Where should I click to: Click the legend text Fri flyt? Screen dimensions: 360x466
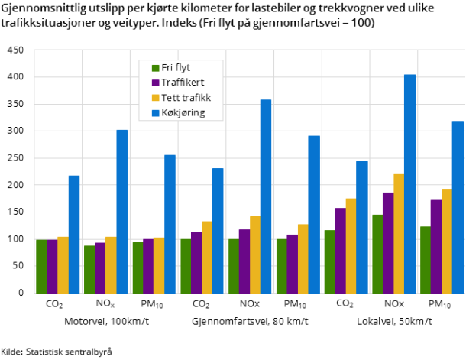coord(176,68)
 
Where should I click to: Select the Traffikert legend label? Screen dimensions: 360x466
coord(183,83)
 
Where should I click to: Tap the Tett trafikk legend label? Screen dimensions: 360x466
coord(186,98)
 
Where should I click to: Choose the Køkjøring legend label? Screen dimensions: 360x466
coord(183,113)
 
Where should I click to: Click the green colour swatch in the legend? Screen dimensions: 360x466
coord(156,68)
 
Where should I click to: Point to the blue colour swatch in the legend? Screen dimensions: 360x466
coord(156,113)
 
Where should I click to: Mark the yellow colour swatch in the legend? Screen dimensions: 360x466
coord(156,98)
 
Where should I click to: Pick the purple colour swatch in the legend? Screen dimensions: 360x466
coord(156,83)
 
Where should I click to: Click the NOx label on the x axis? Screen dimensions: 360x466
coord(105,303)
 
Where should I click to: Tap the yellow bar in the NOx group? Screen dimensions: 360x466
coord(112,265)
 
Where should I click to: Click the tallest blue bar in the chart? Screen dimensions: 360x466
coord(410,183)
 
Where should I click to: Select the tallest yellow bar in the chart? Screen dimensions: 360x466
coord(399,233)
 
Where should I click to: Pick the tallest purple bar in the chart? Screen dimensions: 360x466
coord(388,243)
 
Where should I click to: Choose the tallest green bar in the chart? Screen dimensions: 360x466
coord(377,254)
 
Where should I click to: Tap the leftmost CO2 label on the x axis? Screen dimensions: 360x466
coord(54,304)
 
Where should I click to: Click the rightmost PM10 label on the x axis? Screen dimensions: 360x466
coord(440,304)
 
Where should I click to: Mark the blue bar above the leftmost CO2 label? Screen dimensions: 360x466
coord(74,235)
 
